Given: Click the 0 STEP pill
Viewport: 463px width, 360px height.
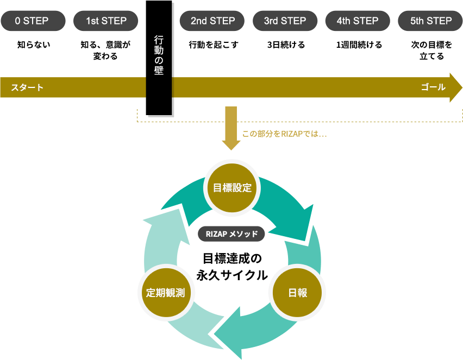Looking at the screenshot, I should coord(32,21).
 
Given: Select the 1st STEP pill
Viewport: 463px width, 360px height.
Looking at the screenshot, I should coord(106,21).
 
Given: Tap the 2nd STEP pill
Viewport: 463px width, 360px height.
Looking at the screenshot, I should coord(212,21).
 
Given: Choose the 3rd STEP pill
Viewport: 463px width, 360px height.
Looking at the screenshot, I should coord(285,21).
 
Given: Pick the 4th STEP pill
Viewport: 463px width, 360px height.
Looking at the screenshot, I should coord(357,21).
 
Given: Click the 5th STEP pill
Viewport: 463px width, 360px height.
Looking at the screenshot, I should coord(430,21).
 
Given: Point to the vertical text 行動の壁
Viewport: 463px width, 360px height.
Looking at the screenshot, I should coord(159,55).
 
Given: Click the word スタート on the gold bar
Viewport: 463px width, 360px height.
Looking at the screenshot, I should coord(27,87).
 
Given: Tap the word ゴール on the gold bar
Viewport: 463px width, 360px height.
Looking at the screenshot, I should coord(433,87).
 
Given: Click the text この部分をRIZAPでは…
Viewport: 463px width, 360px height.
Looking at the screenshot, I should coord(284,134).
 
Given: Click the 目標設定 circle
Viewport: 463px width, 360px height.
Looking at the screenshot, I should coord(232,188).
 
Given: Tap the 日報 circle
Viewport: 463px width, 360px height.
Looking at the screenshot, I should coord(297,293).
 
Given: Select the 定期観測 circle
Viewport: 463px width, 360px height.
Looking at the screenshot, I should coord(166,293).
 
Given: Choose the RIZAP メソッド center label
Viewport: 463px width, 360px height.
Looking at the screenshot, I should coord(231,234).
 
